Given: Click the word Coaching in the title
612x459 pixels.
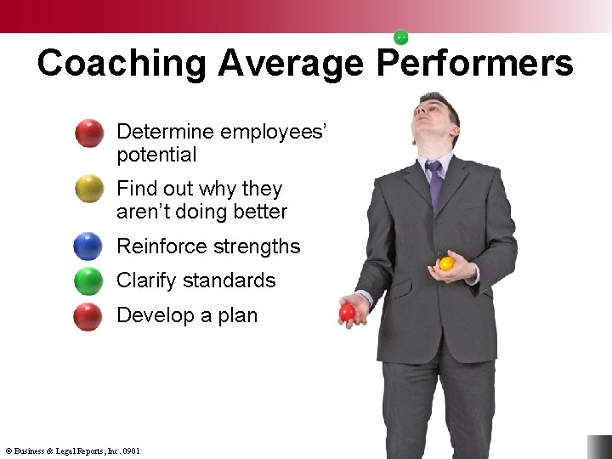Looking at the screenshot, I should pos(121,64).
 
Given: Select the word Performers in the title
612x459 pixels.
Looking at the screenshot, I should pos(475,64).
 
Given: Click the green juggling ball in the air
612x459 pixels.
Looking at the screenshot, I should pos(401,37).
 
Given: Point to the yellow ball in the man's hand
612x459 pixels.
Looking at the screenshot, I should pos(446,263).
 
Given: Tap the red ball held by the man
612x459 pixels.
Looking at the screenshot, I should pos(348,313).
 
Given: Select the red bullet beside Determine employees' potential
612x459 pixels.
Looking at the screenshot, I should pos(89,133).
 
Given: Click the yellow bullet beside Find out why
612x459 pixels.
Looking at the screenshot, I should pos(89,189).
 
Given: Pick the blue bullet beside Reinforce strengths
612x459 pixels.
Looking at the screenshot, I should pos(88,246).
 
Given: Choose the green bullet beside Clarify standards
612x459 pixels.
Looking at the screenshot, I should pos(88,280).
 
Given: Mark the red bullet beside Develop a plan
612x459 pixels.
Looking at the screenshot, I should pos(88,316).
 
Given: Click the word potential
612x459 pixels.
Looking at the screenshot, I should pos(156,156).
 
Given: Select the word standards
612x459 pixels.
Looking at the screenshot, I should pos(234,280).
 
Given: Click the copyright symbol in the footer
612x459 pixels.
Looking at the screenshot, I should pos(8,451).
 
